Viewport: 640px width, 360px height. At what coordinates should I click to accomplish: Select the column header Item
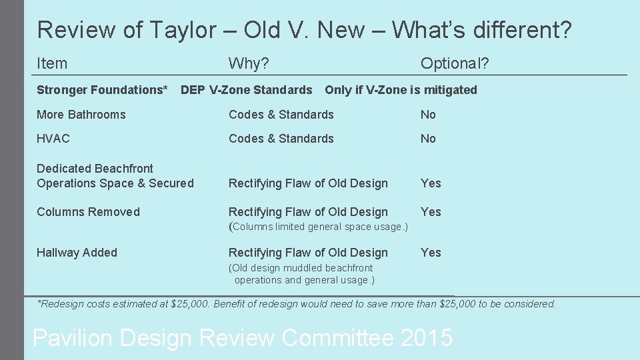pos(52,63)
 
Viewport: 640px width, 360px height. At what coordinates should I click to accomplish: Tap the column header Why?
pos(249,63)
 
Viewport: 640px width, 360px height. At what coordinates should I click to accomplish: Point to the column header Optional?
pos(454,63)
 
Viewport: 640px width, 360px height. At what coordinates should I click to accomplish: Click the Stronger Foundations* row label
pos(102,90)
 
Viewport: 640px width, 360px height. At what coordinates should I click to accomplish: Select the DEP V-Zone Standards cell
pos(247,90)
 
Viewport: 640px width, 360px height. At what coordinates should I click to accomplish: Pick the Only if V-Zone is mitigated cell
pos(401,90)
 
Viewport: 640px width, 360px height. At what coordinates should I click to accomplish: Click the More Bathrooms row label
pos(81,115)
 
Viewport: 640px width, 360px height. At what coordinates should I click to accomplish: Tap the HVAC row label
pos(53,139)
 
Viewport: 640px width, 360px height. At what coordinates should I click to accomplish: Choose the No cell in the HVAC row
pos(428,139)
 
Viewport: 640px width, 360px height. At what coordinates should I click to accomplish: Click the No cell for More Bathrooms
pos(428,115)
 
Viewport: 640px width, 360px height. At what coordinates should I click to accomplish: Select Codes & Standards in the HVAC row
pos(281,139)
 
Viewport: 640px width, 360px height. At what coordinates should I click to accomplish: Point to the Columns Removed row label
pos(88,212)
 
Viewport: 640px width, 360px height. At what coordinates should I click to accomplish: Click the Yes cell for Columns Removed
pos(431,212)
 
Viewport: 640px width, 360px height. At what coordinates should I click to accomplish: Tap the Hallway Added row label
pos(77,253)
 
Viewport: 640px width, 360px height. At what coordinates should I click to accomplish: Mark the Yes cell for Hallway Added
pos(431,253)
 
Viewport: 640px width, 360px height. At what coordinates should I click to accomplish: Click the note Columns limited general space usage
pos(318,227)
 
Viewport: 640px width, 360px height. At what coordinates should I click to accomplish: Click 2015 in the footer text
pos(427,338)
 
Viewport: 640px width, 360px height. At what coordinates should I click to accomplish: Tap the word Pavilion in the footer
pos(72,338)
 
